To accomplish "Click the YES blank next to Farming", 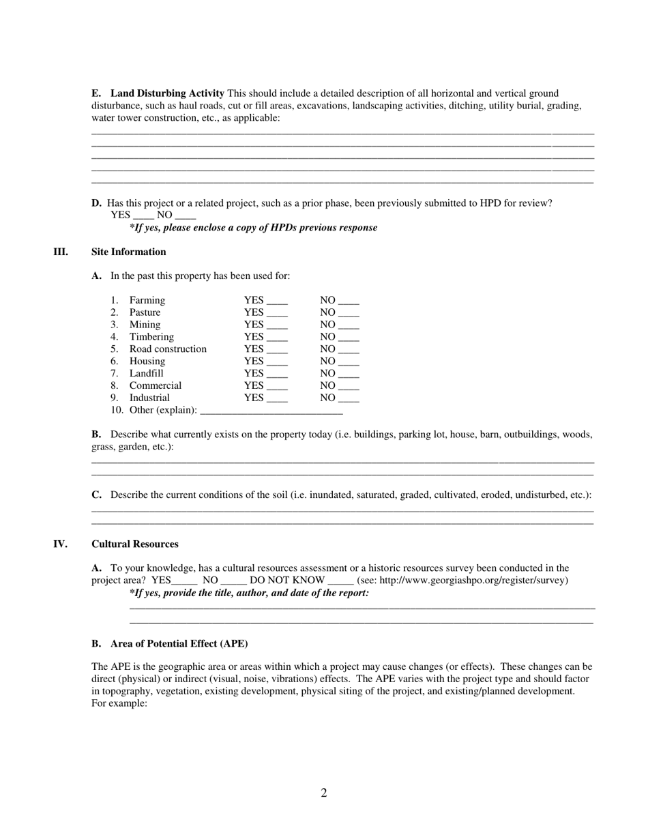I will (x=278, y=301).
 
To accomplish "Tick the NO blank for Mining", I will (x=349, y=326).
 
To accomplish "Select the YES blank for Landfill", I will (x=278, y=374).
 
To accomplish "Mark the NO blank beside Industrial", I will (x=349, y=399).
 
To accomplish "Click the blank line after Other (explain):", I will (x=271, y=411).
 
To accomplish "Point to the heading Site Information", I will (x=129, y=252).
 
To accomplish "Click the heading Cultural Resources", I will (x=135, y=544).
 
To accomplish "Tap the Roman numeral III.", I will (x=61, y=252).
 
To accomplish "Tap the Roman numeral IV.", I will (x=61, y=544).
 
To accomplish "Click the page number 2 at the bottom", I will (x=324, y=793).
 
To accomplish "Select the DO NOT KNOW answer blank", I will (x=340, y=582).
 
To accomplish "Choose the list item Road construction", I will (x=168, y=349).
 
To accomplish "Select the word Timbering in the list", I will (x=151, y=337).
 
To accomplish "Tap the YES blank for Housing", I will (x=278, y=362).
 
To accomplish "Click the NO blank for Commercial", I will (x=349, y=387).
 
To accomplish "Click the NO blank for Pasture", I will (x=349, y=314).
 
